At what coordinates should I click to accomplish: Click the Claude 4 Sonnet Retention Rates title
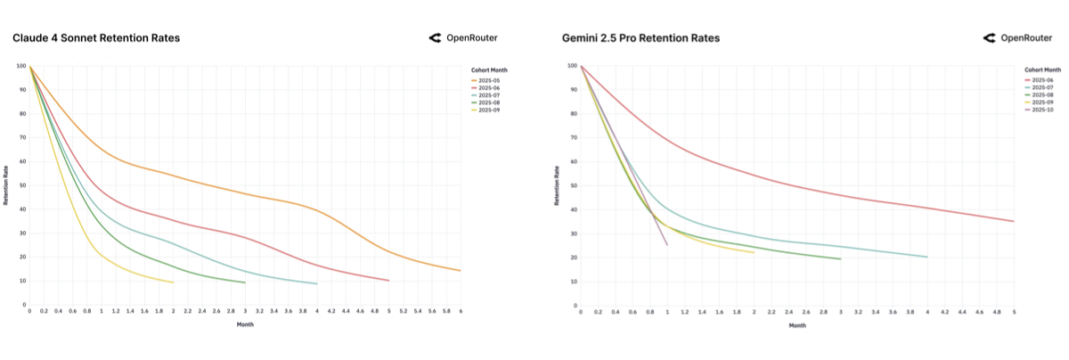coord(96,38)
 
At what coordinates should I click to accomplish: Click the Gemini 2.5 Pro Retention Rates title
coord(641,38)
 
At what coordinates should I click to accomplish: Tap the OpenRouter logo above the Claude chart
coord(463,38)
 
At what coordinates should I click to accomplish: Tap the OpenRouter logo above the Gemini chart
coord(1016,38)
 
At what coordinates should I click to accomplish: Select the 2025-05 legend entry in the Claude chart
coord(489,81)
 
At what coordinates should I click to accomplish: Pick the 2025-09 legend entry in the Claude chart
coord(489,110)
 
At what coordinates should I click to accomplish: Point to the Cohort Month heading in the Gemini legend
coord(1042,70)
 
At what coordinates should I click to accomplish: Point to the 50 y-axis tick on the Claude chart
coord(23,185)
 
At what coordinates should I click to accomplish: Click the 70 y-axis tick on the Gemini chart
coord(574,137)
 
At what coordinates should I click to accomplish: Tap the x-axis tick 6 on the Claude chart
coord(461,312)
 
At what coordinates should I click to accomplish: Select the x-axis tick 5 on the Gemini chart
coord(1014,312)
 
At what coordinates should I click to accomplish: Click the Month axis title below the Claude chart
coord(245,324)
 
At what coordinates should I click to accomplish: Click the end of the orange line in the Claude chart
coord(461,270)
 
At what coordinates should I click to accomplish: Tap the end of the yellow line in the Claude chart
coord(173,282)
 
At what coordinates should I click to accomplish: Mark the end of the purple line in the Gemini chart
coord(667,244)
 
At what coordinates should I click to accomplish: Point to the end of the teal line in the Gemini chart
coord(927,257)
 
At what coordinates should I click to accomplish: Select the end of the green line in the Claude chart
coord(245,282)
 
